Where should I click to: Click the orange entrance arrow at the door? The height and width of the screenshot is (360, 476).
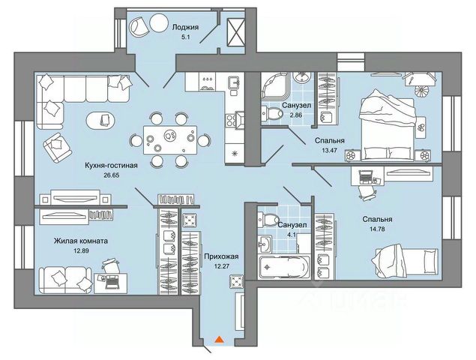pos(218,340)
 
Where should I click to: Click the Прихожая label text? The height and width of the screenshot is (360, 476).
pos(221,256)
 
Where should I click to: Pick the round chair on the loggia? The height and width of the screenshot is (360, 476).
pos(140,26)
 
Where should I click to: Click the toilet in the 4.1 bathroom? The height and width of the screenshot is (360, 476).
pos(266,220)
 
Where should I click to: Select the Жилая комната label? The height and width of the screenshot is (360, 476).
pos(80,241)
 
